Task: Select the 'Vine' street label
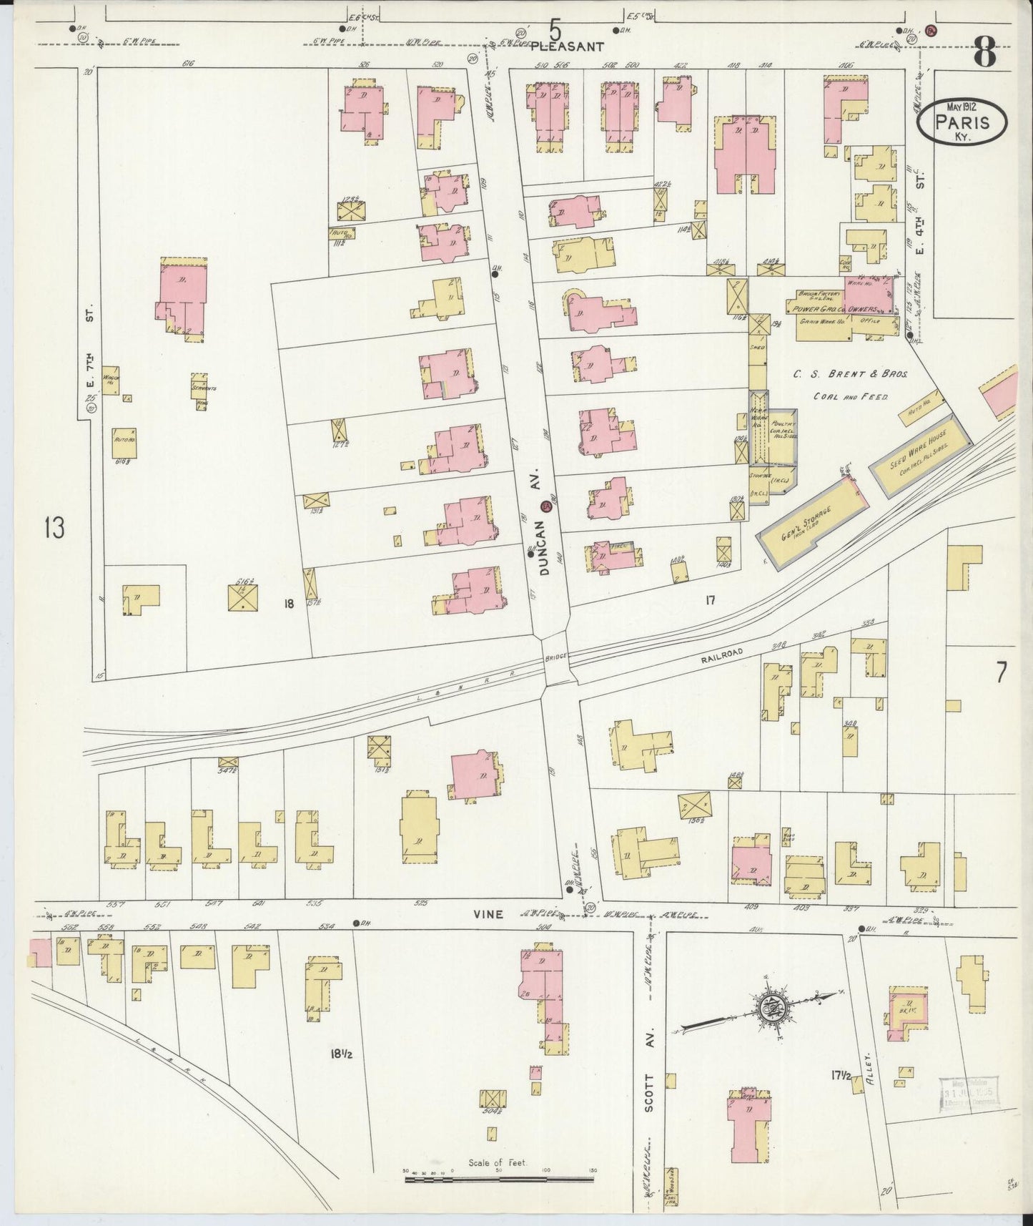click(489, 914)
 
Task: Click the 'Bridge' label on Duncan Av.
click(554, 657)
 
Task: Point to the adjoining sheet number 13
click(54, 528)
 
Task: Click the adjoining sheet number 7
click(1001, 672)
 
